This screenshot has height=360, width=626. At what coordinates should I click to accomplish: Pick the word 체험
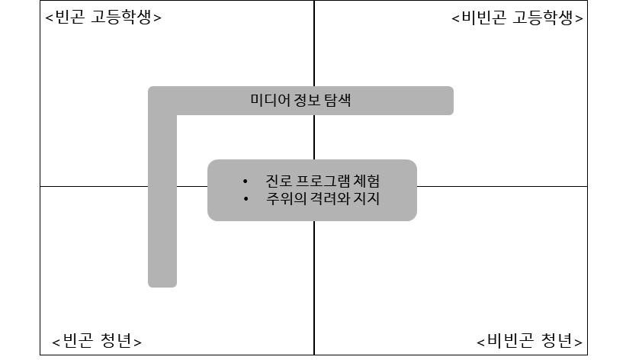tap(366, 182)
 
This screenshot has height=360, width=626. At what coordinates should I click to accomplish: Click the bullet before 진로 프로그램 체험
tap(245, 182)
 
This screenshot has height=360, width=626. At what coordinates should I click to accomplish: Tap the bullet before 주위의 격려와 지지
tap(245, 199)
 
